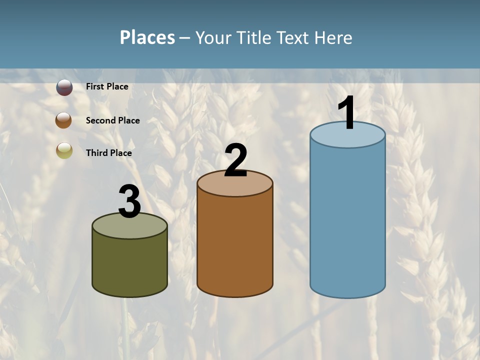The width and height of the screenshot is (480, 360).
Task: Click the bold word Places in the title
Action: pos(147,37)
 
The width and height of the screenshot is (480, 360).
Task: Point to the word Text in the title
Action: pos(294,37)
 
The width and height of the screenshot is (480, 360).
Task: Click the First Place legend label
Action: pos(107,86)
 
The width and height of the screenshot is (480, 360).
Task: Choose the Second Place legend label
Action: pos(112,120)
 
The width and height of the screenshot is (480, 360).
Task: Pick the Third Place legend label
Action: pos(108,153)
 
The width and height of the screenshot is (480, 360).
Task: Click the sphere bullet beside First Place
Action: pos(64,87)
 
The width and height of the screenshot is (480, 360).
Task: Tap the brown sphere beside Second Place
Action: pos(63,120)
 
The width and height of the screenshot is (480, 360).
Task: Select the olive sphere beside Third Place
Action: pos(64,150)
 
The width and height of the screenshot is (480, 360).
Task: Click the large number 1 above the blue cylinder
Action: pos(346,113)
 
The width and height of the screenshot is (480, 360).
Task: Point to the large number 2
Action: pos(235,160)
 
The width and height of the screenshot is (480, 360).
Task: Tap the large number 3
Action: pos(129,202)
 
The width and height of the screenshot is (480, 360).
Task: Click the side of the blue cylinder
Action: pos(347,220)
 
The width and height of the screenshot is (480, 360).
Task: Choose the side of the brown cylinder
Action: pos(235,245)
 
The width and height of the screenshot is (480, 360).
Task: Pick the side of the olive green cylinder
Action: pos(129,265)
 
